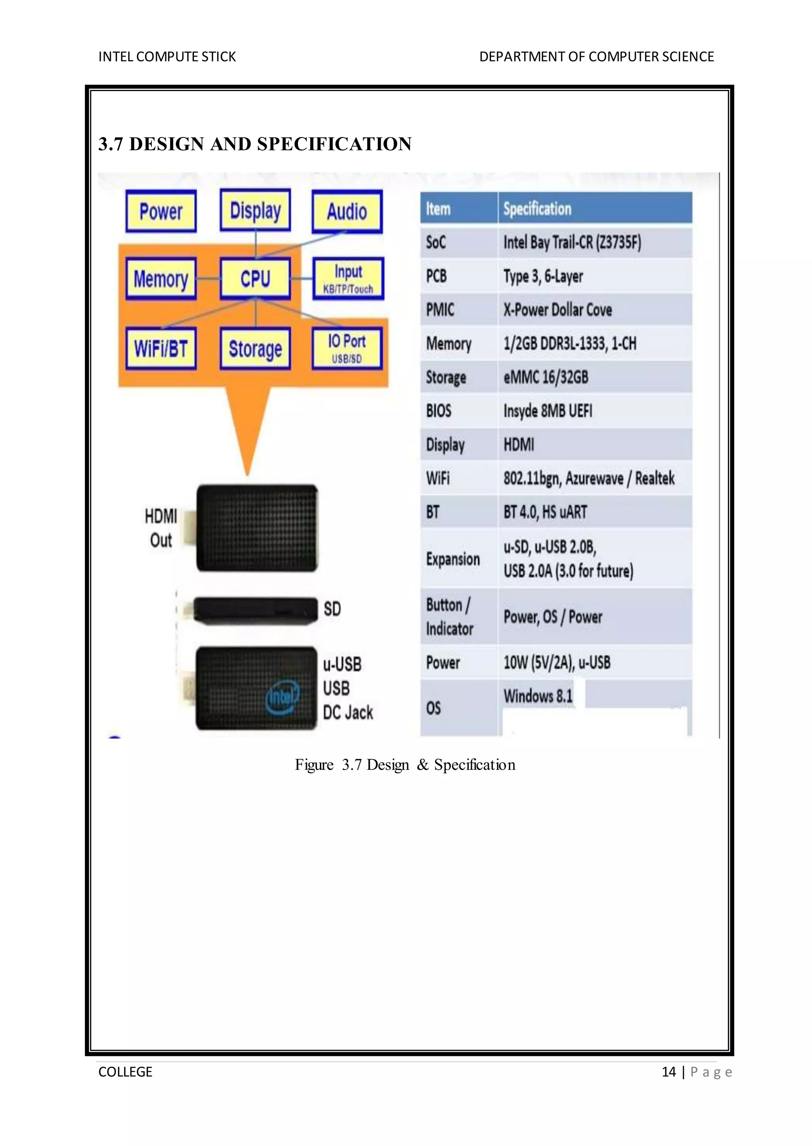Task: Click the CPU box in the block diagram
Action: pos(255,279)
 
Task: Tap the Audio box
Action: pos(347,211)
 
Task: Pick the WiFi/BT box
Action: pos(161,349)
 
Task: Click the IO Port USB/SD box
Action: pos(347,348)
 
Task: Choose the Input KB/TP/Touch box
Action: pos(348,279)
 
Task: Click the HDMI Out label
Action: pos(161,528)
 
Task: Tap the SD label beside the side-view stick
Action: pos(332,609)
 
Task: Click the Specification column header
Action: pos(538,209)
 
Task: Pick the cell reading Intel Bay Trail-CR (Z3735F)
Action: pos(572,243)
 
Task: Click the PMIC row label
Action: pos(440,310)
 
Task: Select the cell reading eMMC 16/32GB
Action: pos(546,377)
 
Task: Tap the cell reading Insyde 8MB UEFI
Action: pos(548,411)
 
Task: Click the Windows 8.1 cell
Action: pos(538,695)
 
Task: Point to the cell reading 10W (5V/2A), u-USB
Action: pos(557,663)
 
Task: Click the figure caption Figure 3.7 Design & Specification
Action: pos(405,765)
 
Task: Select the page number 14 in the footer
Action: pos(668,1072)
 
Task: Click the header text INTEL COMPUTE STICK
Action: pos(167,57)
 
